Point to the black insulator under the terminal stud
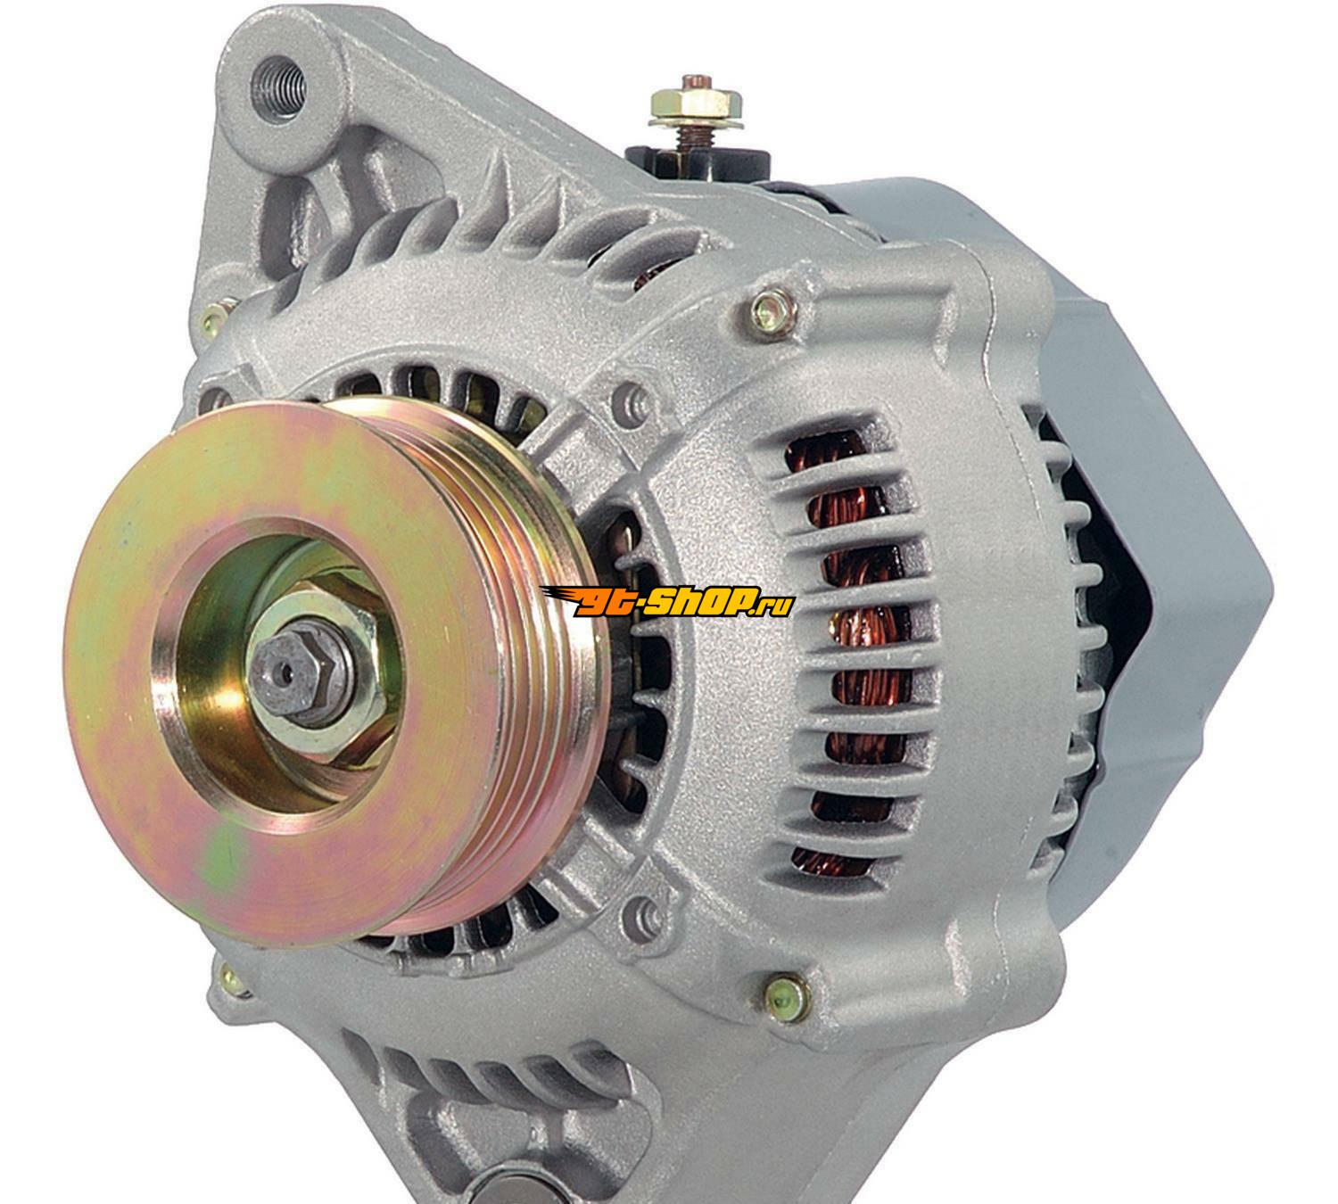(698, 163)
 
